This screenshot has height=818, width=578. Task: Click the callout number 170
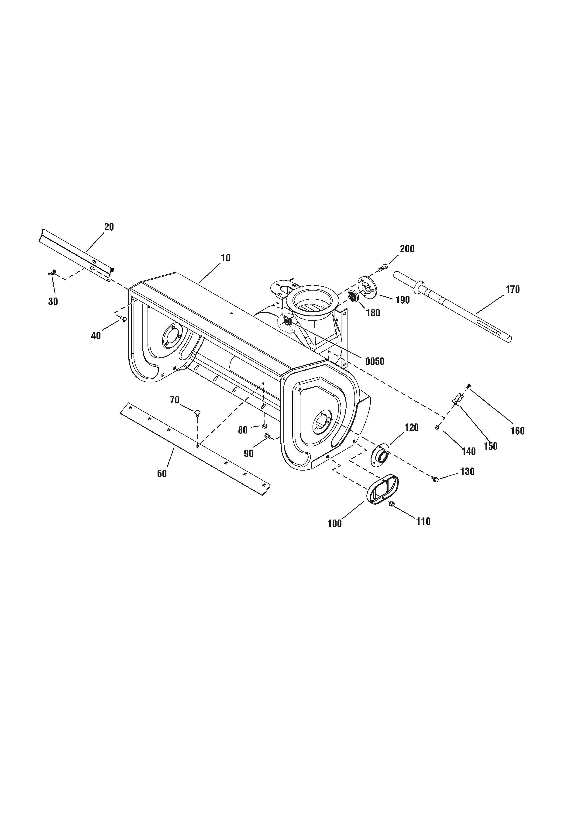coord(513,289)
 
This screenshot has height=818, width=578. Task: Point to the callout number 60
coord(162,474)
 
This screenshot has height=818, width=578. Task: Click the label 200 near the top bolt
coord(407,249)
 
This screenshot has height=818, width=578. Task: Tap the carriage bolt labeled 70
coord(197,413)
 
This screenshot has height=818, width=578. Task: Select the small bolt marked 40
coord(124,318)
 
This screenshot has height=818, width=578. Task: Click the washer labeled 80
coord(264,426)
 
